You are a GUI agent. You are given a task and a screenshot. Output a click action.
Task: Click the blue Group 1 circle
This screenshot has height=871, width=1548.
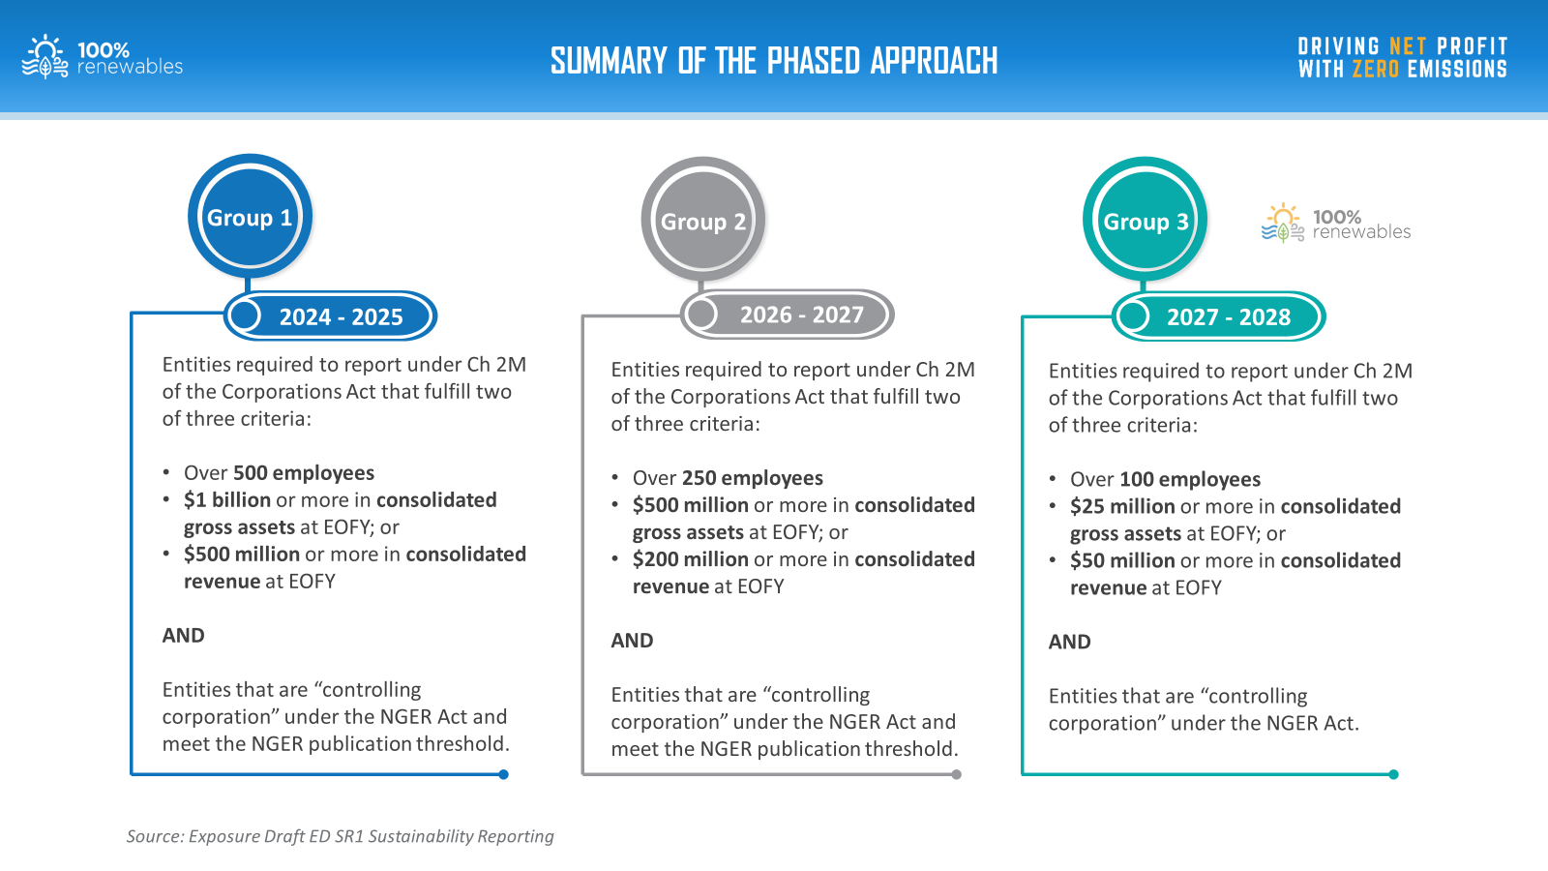[250, 217]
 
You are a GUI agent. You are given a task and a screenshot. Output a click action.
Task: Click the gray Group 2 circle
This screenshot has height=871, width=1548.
[702, 220]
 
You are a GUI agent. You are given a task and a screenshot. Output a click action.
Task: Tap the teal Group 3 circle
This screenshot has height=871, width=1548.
[1145, 220]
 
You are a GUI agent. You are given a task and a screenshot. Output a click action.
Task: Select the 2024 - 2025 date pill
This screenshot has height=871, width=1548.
[330, 315]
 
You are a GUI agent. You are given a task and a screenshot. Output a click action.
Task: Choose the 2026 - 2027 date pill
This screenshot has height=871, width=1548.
[788, 315]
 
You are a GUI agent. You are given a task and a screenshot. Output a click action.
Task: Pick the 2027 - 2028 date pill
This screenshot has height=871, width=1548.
[1218, 316]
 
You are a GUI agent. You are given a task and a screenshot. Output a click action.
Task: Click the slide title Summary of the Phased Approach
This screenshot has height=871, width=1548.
[774, 61]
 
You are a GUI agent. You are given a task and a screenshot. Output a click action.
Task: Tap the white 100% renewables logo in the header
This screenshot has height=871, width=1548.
[103, 57]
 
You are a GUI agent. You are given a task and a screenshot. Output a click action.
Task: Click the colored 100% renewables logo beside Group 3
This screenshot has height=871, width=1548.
[1336, 224]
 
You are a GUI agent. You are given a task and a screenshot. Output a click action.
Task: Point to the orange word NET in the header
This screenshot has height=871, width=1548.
[1408, 46]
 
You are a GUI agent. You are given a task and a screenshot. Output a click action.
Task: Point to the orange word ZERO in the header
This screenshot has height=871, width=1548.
[1375, 69]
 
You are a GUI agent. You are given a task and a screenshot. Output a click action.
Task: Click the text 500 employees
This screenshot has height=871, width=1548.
[304, 473]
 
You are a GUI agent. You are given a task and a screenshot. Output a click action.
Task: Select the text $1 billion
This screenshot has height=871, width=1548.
[226, 499]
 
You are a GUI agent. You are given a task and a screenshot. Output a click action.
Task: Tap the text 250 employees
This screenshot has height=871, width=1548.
[752, 478]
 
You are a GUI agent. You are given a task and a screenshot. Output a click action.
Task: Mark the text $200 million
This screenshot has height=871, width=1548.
[690, 559]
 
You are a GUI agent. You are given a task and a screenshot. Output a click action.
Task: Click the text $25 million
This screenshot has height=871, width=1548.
[1121, 507]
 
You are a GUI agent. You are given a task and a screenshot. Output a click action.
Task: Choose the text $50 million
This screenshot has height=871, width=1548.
[1121, 560]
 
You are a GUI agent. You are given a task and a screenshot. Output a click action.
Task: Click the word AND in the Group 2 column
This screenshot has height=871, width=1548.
[632, 641]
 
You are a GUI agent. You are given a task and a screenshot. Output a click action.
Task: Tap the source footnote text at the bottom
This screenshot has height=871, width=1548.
[340, 836]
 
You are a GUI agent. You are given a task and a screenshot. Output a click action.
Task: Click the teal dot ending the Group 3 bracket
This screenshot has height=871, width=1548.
[1393, 774]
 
